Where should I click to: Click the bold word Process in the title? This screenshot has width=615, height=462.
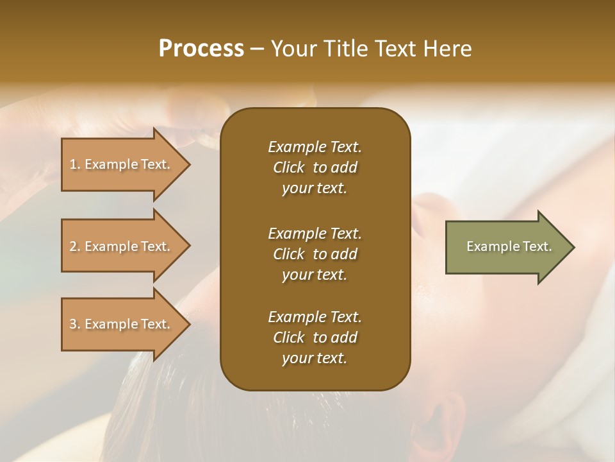[x=201, y=49]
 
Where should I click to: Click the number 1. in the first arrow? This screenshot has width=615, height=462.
[x=75, y=164]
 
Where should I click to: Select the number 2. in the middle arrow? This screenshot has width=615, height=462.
[x=75, y=246]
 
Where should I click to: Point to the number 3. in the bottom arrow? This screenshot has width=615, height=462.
[x=75, y=324]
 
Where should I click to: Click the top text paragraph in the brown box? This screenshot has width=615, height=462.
[x=315, y=167]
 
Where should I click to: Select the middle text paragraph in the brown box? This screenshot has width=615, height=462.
[x=315, y=253]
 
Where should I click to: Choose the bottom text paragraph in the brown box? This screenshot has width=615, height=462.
[x=315, y=338]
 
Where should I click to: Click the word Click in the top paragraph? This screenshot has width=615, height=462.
[x=289, y=167]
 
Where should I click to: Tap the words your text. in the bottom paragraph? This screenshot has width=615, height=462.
[x=315, y=358]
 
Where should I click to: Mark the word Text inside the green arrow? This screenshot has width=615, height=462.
[x=537, y=246]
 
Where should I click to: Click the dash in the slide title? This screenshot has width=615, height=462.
[x=257, y=49]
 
